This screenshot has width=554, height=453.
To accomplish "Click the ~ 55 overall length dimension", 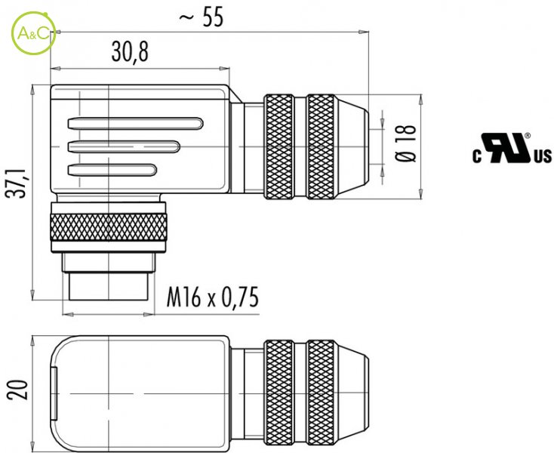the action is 202,17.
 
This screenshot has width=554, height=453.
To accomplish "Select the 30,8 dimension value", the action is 130,51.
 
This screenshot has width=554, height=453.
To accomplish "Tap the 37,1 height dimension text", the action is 17,183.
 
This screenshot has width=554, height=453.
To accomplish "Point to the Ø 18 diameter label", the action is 405,143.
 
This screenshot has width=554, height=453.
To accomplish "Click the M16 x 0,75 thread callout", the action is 212,297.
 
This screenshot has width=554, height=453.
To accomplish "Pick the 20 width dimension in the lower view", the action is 17,390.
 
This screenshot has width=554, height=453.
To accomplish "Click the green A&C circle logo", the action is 33,33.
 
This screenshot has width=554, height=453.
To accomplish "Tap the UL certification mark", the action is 512,148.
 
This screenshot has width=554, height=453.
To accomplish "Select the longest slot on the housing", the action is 136,124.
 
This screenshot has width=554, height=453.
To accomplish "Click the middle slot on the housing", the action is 124,146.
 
